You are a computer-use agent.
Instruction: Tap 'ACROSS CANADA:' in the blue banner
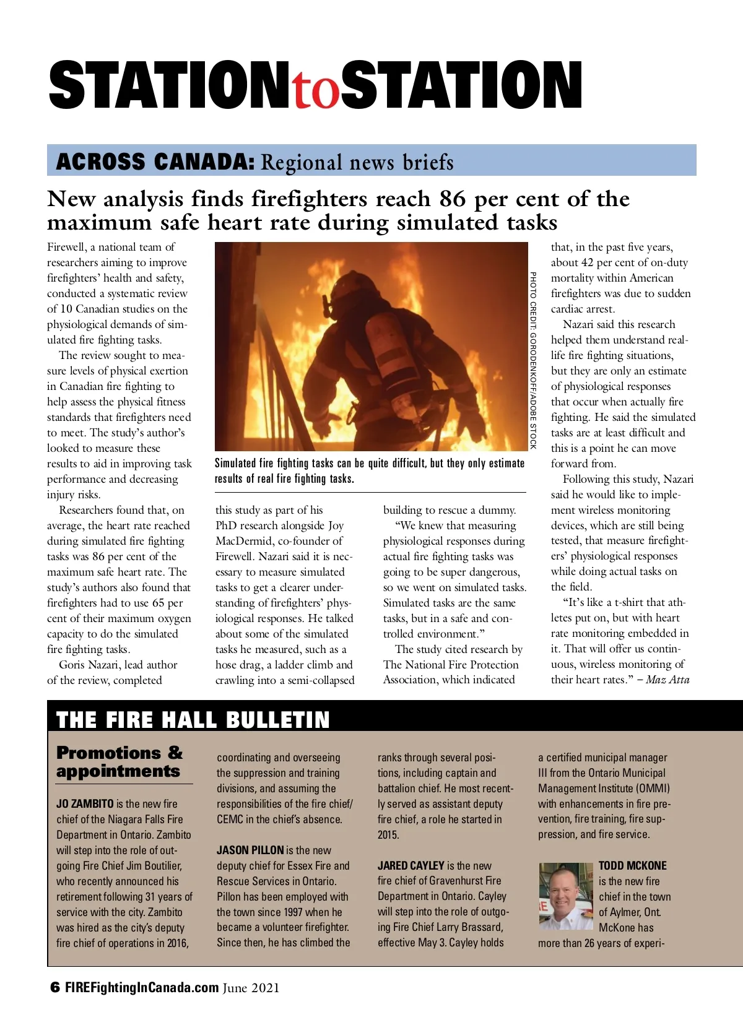point(155,162)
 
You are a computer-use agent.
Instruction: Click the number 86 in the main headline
point(452,199)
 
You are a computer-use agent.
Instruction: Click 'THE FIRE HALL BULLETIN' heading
point(193,720)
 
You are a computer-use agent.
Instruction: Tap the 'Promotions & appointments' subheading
point(119,762)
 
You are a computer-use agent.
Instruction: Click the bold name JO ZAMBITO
point(85,804)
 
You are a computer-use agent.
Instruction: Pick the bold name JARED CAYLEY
point(411,866)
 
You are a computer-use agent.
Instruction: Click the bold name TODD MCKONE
point(632,866)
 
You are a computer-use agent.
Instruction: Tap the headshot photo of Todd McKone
point(566,896)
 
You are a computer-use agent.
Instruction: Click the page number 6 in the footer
point(55,988)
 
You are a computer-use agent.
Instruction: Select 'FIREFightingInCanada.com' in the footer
point(142,988)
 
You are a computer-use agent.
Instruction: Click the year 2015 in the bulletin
point(388,835)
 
